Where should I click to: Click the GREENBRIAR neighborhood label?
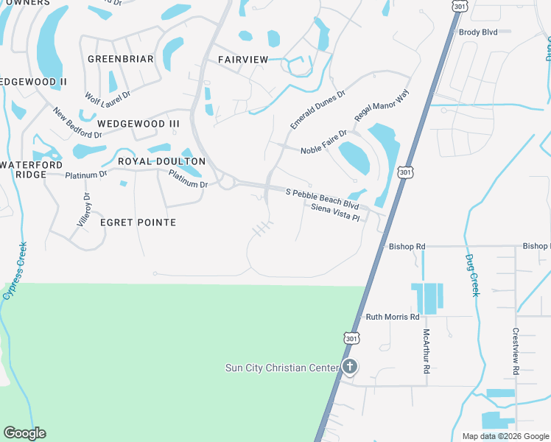point(120,59)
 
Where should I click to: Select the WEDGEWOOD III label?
point(138,124)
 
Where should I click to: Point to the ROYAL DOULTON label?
point(161,161)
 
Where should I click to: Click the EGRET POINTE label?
point(138,222)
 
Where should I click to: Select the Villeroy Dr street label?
point(87,208)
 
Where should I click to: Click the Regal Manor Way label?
point(381,108)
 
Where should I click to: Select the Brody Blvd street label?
point(478,32)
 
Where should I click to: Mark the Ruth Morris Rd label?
point(393,317)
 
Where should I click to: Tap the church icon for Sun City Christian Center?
point(350,367)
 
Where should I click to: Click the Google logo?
point(24,433)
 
